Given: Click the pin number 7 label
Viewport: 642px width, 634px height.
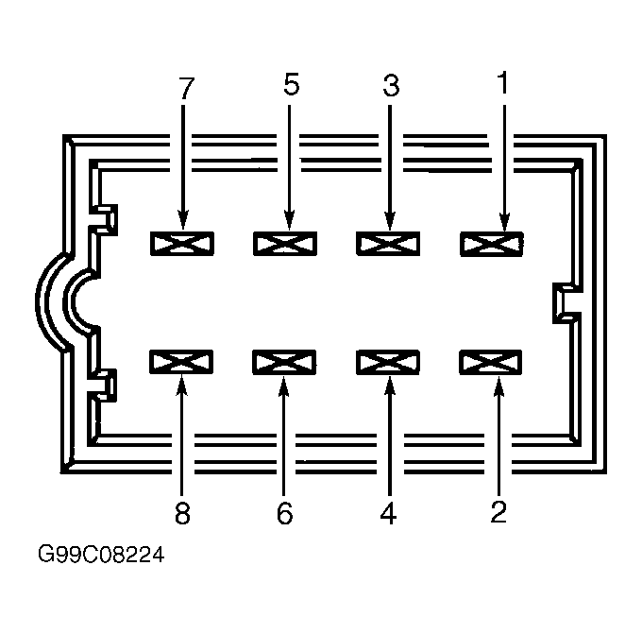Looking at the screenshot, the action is coord(186,87).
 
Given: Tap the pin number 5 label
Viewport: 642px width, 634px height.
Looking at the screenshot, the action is coord(291,84).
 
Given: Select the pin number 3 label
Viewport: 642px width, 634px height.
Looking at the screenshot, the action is coord(391,85).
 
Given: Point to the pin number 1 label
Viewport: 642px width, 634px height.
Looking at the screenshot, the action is coord(503,82).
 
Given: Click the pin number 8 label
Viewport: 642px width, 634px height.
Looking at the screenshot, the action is coord(182,513).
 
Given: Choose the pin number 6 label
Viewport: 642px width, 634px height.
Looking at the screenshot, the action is coord(284,513).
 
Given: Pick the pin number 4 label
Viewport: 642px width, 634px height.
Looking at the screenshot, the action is coord(388,513).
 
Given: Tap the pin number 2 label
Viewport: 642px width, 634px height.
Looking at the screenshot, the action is coord(498,511).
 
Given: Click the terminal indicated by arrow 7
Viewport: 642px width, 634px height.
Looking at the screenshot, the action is coord(182,244).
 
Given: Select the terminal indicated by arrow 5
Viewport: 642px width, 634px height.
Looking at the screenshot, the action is coord(285,244).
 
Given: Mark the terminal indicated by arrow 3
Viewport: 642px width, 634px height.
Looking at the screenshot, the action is coord(388,244).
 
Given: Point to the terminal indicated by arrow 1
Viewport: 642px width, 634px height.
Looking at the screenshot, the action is coord(492,245).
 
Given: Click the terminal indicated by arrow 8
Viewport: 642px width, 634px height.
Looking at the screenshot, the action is coord(181,362).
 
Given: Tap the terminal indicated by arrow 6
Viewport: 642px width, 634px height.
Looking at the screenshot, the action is coord(284,362).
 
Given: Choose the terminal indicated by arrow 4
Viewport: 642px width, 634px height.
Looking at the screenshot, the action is coord(388,362).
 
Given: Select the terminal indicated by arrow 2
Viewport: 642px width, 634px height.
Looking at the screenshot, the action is coord(491,362).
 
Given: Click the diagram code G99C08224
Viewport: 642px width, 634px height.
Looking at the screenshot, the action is coord(101,555).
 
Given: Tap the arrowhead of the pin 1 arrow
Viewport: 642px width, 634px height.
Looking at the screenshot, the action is coord(504,222).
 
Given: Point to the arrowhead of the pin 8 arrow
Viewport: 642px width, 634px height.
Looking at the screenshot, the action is coord(182,386).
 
